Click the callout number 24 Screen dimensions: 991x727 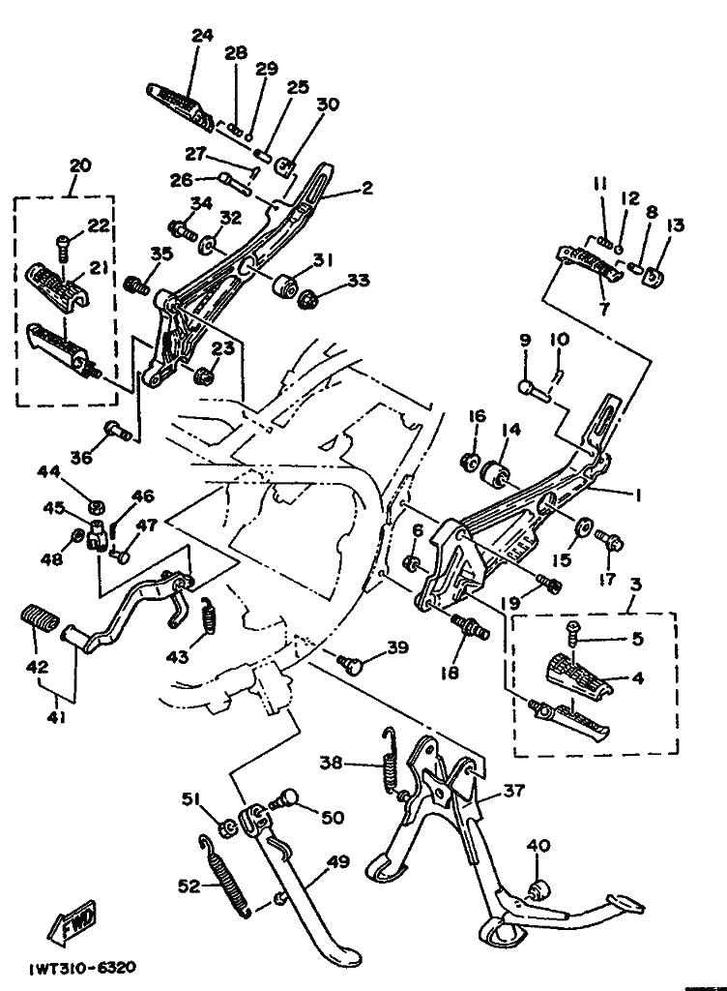[201, 36]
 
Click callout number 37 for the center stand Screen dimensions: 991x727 [514, 791]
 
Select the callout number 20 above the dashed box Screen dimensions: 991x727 [80, 165]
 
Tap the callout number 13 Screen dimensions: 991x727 [676, 225]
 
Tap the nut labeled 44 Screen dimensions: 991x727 [96, 504]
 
